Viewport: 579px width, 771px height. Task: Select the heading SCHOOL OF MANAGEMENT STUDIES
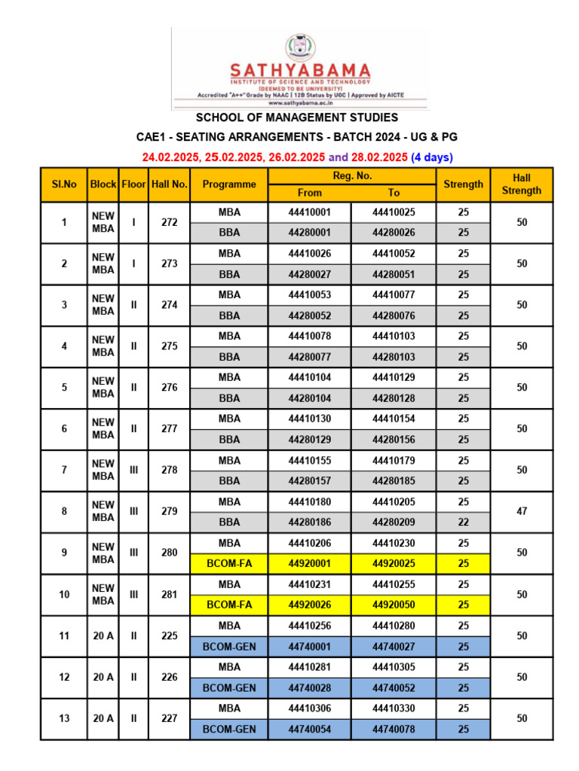(x=297, y=117)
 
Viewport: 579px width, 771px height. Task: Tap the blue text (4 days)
(x=431, y=157)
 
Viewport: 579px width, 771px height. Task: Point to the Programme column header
(x=229, y=184)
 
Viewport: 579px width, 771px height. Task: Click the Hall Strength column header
(x=521, y=184)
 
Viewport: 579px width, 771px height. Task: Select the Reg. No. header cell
(x=351, y=175)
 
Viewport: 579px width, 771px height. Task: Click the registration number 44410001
(x=309, y=212)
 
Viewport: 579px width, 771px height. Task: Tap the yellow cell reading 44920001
(x=309, y=563)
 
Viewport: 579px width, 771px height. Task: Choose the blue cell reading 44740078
(x=394, y=729)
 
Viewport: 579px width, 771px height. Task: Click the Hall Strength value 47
(x=521, y=511)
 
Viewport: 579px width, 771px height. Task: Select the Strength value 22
(x=463, y=522)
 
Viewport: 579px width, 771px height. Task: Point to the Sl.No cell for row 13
(x=64, y=718)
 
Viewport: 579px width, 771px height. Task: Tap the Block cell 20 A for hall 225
(x=103, y=635)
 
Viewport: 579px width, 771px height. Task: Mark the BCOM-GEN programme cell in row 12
(x=229, y=687)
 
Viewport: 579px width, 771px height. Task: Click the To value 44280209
(x=394, y=522)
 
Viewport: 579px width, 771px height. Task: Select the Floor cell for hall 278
(x=133, y=470)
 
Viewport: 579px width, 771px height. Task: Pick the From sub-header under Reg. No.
(x=309, y=193)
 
